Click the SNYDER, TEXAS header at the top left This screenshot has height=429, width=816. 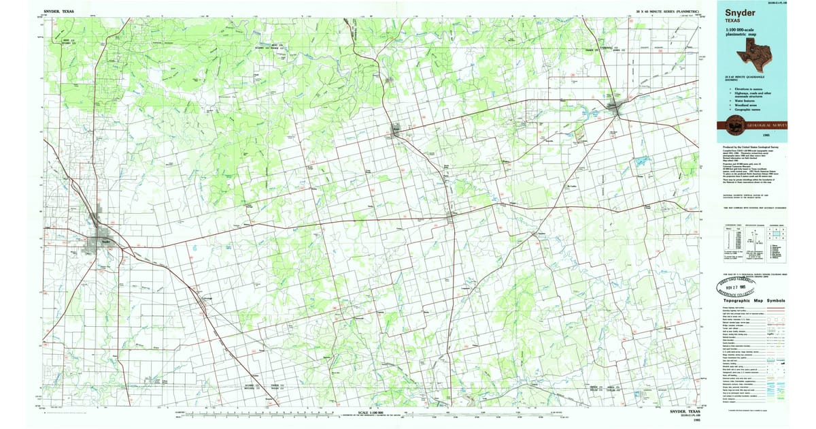58,12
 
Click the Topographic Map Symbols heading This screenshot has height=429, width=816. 753,300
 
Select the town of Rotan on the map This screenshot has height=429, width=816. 396,131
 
